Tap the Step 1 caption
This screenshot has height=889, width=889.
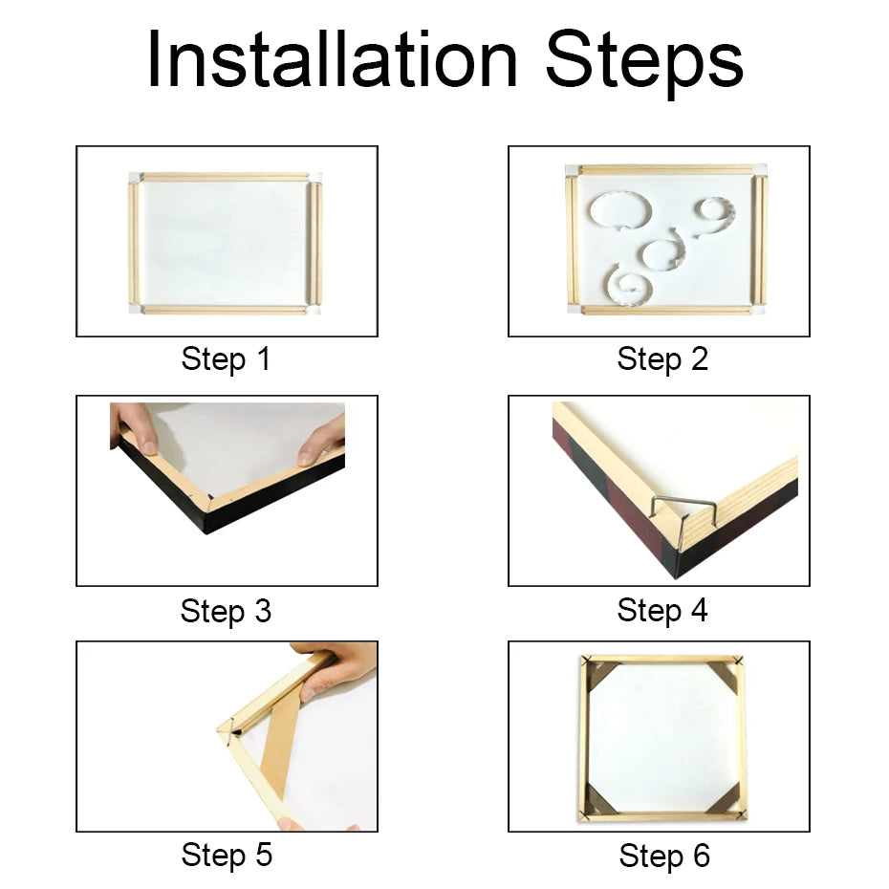point(226,360)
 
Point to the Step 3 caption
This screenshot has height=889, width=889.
point(226,611)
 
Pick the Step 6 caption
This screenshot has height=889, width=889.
point(663,856)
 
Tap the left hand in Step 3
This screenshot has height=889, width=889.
point(134,426)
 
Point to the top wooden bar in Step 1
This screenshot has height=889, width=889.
point(226,177)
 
